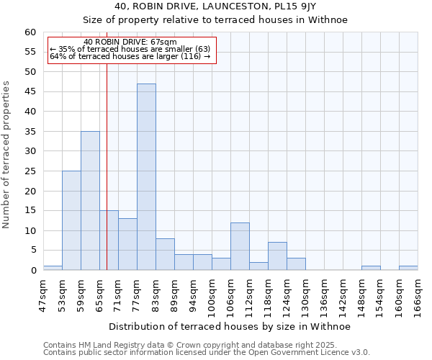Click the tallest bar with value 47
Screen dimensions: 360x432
coord(146,177)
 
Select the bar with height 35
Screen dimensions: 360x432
coord(90,201)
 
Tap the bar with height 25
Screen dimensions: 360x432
coord(71,220)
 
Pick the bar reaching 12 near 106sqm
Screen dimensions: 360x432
coord(240,246)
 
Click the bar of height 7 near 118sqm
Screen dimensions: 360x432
coord(277,256)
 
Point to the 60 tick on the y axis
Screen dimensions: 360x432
coord(30,32)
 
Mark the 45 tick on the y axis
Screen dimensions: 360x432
coord(30,91)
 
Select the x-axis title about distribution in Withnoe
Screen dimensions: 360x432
coord(230,327)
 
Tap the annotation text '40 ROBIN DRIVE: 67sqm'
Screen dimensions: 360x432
coord(130,42)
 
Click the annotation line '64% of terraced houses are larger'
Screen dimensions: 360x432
coord(130,56)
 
